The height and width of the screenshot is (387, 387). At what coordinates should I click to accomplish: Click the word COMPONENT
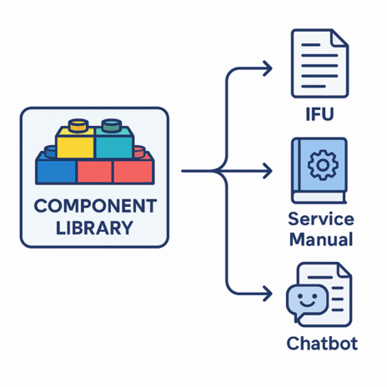coord(95,206)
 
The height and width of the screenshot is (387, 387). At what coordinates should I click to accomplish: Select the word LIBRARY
coord(94,228)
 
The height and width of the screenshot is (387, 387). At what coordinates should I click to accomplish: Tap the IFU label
coord(319,114)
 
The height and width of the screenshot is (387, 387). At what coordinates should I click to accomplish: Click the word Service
coord(321,219)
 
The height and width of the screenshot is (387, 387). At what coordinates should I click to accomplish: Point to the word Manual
coord(321,239)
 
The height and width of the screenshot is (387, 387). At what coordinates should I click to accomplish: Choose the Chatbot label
coord(322,344)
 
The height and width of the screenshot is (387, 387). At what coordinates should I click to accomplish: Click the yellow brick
coord(75,143)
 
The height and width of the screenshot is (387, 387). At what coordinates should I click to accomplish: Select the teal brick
coord(114,143)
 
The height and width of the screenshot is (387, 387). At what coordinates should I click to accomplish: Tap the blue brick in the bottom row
coord(56,170)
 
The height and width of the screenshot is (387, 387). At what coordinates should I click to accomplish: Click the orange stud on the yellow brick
coord(78,125)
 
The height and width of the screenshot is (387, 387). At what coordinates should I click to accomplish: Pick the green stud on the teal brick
coord(112,125)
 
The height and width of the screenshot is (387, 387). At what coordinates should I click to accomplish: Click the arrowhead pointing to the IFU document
coord(268,68)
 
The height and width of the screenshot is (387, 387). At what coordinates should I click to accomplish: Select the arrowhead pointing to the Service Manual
coord(268,171)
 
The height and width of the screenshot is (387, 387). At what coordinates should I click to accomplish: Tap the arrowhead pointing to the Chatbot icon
coord(268,294)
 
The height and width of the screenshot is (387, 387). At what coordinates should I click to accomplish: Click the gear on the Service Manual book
coord(323,165)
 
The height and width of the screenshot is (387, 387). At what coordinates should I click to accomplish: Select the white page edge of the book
coord(319,198)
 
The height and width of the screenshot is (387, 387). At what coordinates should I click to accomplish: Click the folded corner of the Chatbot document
coord(344,270)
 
